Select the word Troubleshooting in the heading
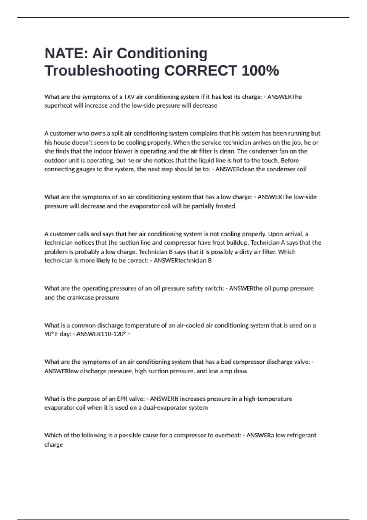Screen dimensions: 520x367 102,71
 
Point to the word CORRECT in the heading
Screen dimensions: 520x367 201,70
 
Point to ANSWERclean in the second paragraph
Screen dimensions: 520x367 231,169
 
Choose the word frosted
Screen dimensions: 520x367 225,206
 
